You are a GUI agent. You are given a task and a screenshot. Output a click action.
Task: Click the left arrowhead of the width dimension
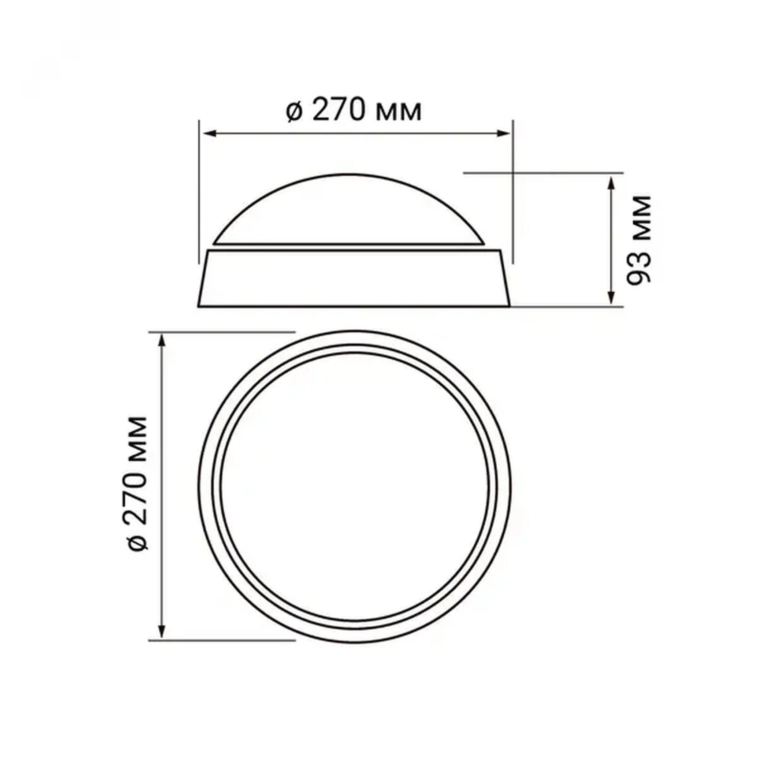[x=209, y=134]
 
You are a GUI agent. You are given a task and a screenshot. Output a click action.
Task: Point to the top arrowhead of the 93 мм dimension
[x=611, y=182]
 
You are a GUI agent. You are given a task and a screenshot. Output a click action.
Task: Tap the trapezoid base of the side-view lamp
[x=354, y=279]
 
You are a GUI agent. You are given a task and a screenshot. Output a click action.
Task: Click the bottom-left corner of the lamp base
[x=199, y=305]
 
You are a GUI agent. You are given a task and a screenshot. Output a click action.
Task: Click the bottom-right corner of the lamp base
[x=509, y=305]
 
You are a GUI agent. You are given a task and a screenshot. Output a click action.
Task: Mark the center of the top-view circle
[x=355, y=486]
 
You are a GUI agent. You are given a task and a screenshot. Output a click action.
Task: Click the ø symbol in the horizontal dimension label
[x=294, y=111]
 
